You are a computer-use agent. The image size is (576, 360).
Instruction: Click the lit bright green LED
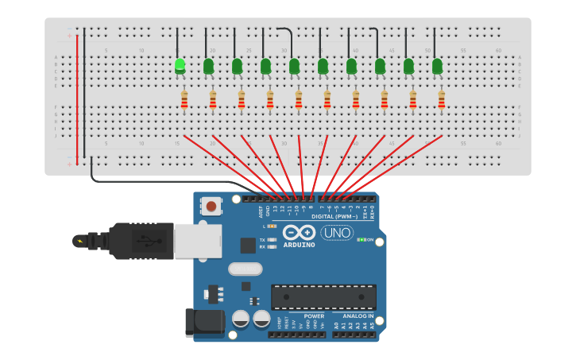[x=180, y=64]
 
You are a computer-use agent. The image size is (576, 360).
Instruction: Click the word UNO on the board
[x=337, y=233]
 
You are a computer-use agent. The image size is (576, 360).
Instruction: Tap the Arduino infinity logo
[x=299, y=233]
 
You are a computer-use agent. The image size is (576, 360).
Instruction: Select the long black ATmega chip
[x=323, y=296]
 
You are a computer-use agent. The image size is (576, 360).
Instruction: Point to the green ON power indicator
[x=362, y=239]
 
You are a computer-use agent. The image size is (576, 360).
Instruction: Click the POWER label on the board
[x=314, y=315]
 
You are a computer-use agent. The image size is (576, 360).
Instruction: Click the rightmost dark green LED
[x=437, y=66]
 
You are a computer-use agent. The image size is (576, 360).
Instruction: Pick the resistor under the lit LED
[x=184, y=101]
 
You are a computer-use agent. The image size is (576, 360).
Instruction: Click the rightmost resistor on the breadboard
[x=442, y=101]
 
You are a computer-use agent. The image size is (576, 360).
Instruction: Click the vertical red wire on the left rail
[x=77, y=95]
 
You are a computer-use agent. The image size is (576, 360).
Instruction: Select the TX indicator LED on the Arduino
[x=273, y=239]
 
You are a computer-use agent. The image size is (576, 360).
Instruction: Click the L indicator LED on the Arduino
[x=273, y=226]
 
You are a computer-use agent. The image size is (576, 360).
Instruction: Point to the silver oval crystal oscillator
[x=245, y=269]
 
